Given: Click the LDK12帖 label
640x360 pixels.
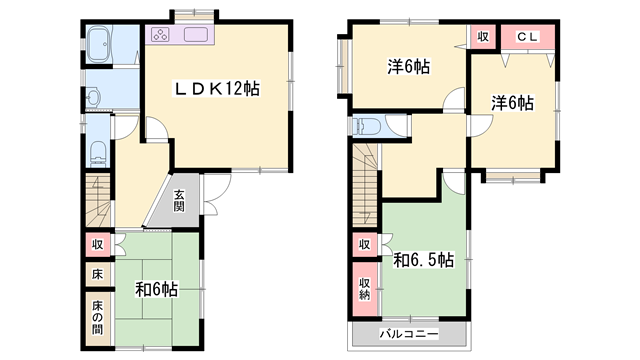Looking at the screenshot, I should (217, 90).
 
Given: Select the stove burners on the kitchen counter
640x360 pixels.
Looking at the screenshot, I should (163, 37).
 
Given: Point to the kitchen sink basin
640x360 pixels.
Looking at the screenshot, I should (193, 37).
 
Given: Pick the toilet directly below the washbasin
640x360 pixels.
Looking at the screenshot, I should (98, 152).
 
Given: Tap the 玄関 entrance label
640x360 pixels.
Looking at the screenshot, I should (178, 201).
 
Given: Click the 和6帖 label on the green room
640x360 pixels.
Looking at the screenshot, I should (157, 290).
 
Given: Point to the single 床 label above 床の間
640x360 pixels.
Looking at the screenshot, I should (98, 273).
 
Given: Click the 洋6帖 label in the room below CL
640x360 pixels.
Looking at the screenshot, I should (511, 103).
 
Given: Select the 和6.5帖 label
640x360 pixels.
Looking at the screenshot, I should (423, 260).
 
